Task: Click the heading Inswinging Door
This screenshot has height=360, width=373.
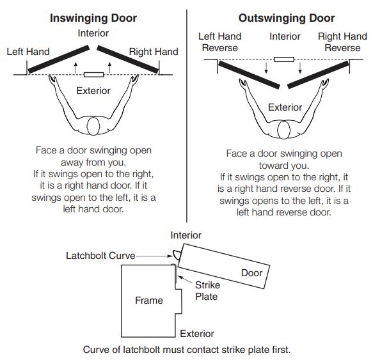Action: tap(93, 19)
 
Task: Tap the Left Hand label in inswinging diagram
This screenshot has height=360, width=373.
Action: tap(28, 51)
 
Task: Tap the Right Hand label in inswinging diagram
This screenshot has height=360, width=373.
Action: tap(154, 51)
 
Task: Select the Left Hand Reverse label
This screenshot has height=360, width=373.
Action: tap(219, 42)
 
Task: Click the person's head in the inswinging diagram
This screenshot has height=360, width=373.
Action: tap(94, 127)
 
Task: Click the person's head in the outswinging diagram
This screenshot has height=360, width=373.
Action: tap(285, 132)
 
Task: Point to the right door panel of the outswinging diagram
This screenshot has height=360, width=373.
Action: tap(317, 75)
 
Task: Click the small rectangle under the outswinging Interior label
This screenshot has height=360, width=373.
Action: tap(284, 59)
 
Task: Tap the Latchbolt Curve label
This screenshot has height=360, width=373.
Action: tap(100, 256)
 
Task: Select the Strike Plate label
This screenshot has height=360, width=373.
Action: tap(206, 292)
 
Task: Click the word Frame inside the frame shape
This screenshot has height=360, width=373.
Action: tap(148, 300)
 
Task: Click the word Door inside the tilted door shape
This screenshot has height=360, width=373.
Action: tap(251, 273)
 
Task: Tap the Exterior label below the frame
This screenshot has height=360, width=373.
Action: tap(196, 334)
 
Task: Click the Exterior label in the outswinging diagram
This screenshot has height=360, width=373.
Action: tap(285, 107)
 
